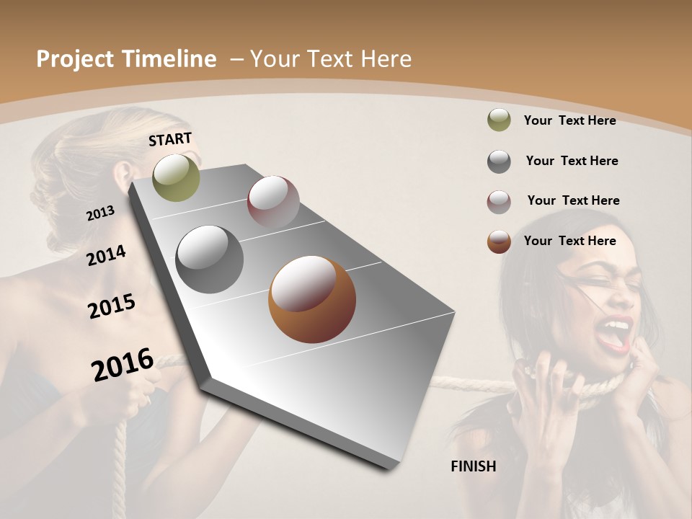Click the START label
(x=170, y=139)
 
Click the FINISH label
(x=474, y=466)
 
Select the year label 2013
(x=100, y=213)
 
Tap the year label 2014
(x=107, y=255)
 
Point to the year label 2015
(x=112, y=306)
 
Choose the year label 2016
(x=123, y=364)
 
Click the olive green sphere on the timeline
(x=176, y=177)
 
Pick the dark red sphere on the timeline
(x=273, y=202)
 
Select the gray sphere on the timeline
(x=209, y=259)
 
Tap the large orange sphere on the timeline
(x=312, y=299)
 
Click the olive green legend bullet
(x=499, y=120)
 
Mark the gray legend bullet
(x=499, y=161)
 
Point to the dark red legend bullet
(x=499, y=202)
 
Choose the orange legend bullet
(x=499, y=241)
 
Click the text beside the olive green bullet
(x=569, y=120)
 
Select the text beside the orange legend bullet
(x=569, y=241)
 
